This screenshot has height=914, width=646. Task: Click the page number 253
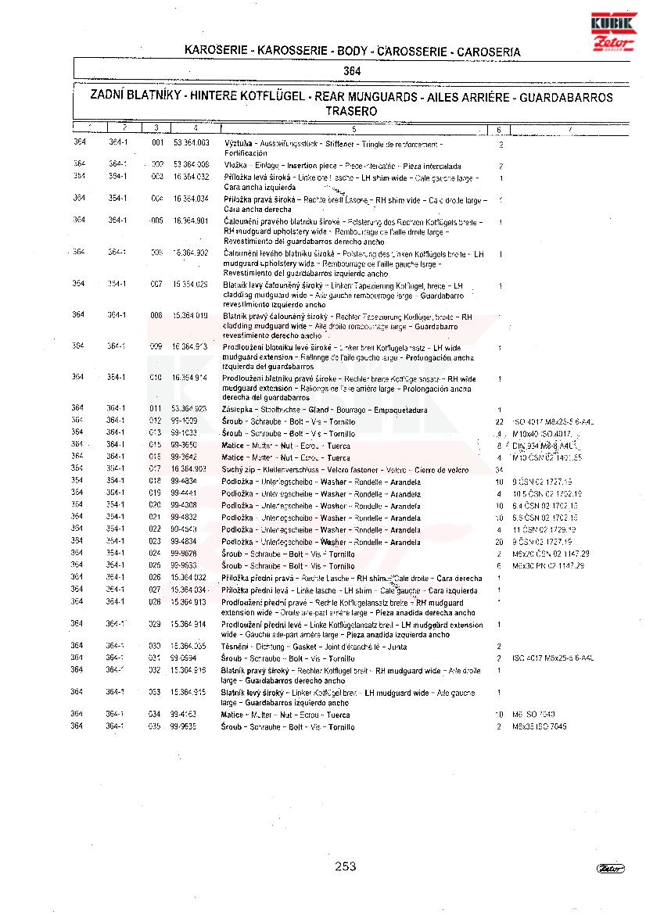tap(345, 866)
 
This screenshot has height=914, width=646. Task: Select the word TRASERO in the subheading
tap(351, 111)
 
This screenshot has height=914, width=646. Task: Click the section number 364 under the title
tap(352, 70)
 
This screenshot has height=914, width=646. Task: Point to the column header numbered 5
tap(354, 128)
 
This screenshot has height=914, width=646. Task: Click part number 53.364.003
tap(191, 144)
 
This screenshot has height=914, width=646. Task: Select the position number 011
tap(156, 409)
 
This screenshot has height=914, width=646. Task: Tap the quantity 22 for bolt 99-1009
tap(499, 421)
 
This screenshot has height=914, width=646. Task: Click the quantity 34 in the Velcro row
tap(499, 469)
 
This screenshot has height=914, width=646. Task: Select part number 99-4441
tap(184, 494)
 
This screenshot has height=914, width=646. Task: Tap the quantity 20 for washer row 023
tap(499, 542)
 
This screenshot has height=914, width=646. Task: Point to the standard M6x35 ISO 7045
tap(540, 727)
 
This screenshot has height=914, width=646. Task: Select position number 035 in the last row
tap(155, 727)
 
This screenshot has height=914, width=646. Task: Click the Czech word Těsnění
tap(235, 647)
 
